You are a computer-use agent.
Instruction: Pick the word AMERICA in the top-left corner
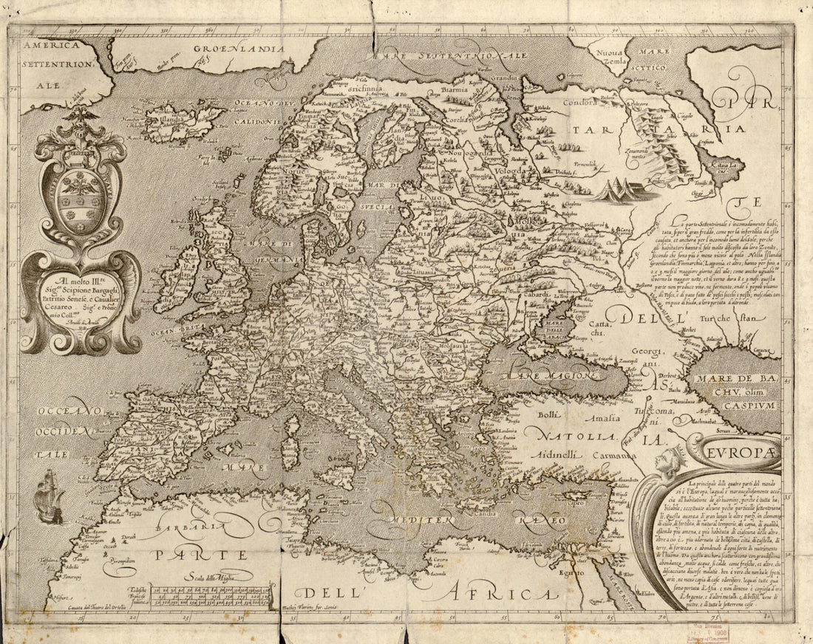(50, 46)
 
